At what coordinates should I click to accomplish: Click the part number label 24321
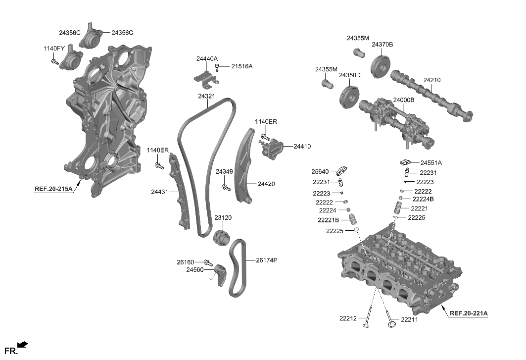point(206,96)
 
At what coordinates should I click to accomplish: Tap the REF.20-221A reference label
point(468,313)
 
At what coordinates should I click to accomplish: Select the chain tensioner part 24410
point(272,148)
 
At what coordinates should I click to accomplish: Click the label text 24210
point(431,80)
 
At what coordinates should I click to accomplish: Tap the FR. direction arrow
point(22,345)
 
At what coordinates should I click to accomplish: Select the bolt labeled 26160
point(208,262)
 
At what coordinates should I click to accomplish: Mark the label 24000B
point(403,100)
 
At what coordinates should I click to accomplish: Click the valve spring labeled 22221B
point(353,220)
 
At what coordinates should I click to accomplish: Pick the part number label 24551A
point(431,162)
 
